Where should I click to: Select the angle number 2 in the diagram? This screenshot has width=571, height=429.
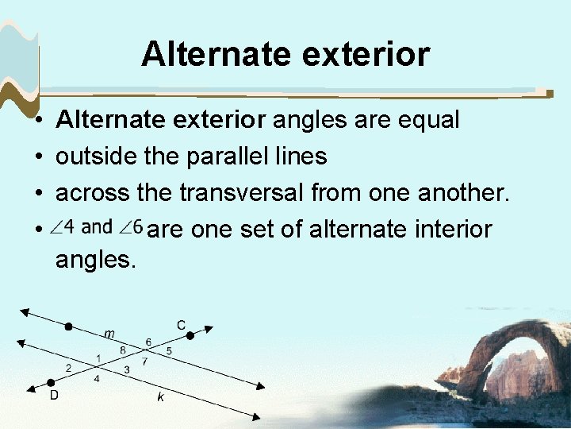coord(69,367)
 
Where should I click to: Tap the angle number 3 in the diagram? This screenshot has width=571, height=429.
coord(127,369)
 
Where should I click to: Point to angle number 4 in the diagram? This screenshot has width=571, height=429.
coord(97,379)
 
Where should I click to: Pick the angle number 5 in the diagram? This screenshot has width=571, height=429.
coord(168,350)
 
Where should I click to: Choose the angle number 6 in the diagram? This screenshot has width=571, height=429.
coord(148,342)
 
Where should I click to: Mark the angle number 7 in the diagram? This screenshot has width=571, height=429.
coord(144,361)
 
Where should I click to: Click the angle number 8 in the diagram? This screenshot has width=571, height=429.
coord(122,350)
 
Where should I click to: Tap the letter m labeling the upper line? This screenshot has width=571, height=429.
coord(109,334)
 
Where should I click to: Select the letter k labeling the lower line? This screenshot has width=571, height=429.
coord(160,397)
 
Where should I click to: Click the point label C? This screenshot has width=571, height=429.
coord(182,324)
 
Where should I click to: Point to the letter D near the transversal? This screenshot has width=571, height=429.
coord(54,395)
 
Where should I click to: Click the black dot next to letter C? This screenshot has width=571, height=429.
coord(190,336)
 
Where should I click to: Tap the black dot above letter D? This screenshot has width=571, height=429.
coord(52,381)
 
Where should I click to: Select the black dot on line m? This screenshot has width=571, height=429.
coord(69,327)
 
